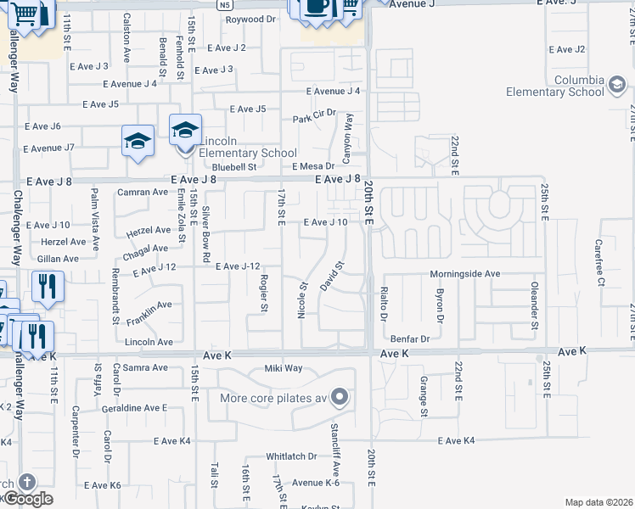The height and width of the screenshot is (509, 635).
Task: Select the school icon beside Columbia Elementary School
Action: coord(616,86)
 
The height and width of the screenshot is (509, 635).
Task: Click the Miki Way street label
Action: coord(283,367)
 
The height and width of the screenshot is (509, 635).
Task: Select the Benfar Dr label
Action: coord(412,338)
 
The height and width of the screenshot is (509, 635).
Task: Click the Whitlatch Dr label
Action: coord(290,456)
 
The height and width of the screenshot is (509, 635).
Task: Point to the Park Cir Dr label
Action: coord(315,112)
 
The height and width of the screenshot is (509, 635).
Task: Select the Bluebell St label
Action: coord(234,167)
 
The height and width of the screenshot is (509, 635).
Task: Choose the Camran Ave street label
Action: coord(143,193)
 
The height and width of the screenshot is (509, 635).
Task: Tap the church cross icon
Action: coord(26,482)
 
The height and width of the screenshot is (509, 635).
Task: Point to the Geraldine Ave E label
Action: coord(134,408)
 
